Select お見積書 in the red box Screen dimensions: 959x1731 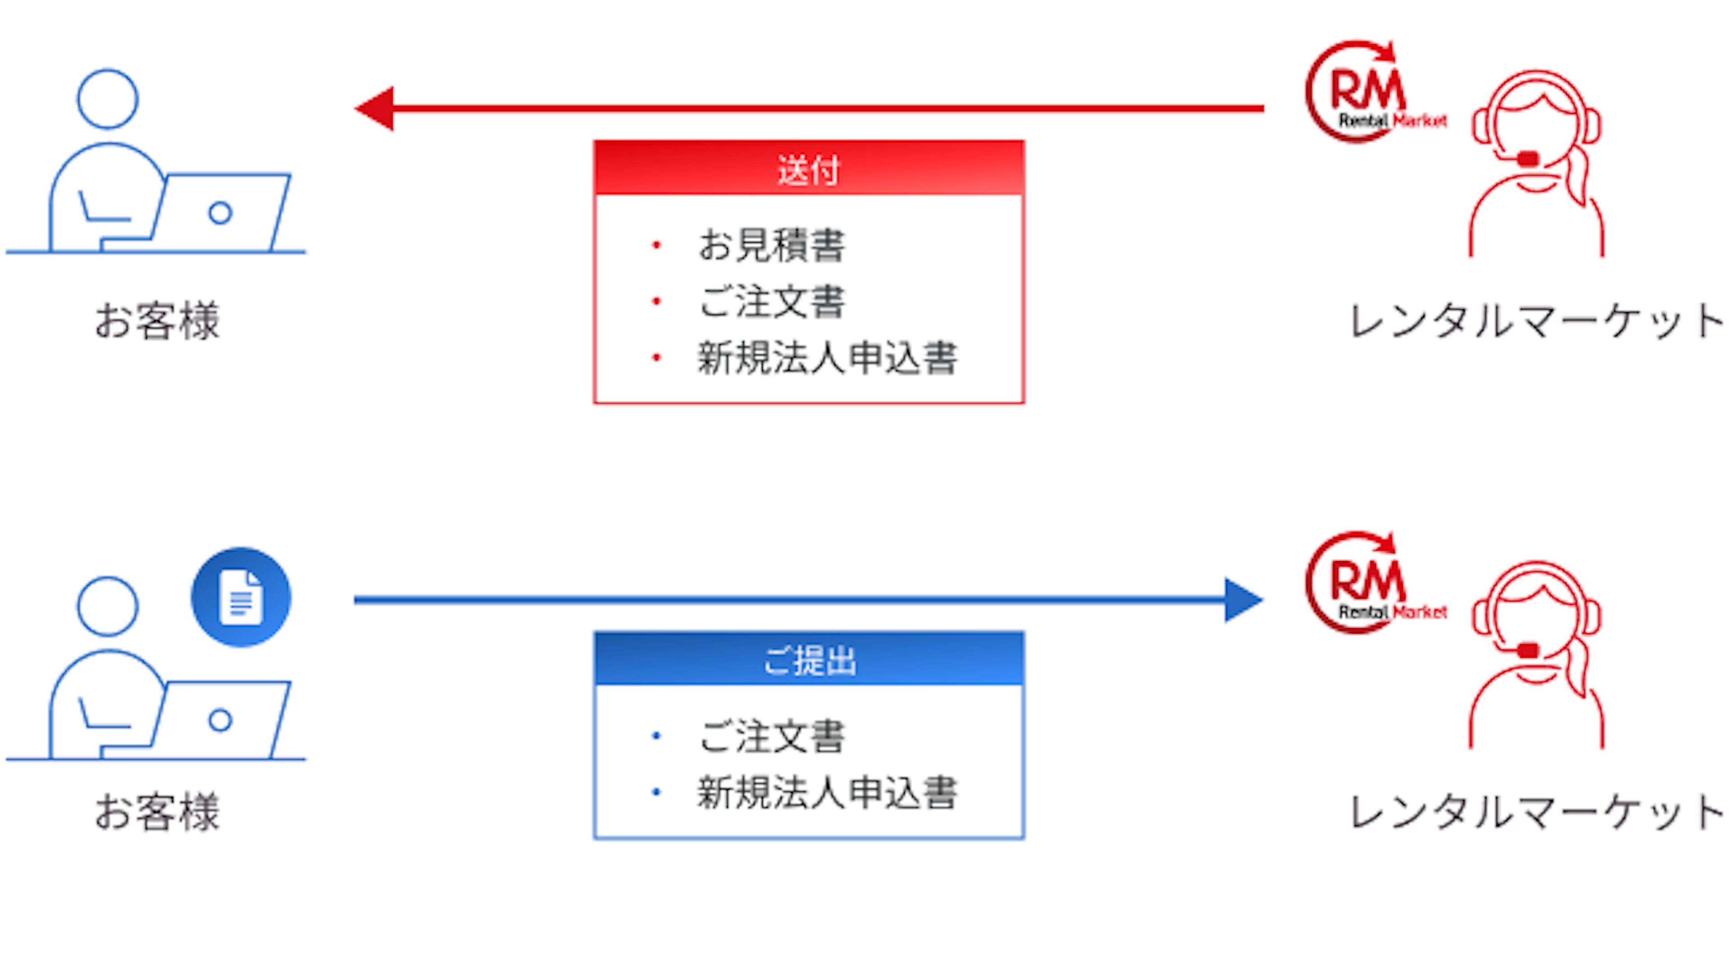pyautogui.click(x=771, y=245)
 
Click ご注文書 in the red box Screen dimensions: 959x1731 pyautogui.click(x=771, y=301)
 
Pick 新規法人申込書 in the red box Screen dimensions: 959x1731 pyautogui.click(x=827, y=358)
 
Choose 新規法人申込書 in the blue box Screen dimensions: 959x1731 pyautogui.click(x=827, y=792)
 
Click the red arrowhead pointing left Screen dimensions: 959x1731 pyautogui.click(x=375, y=108)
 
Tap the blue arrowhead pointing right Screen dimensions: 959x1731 pyautogui.click(x=1243, y=600)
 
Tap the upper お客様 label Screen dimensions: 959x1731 pyautogui.click(x=157, y=321)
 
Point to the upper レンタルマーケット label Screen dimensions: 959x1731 pyautogui.click(x=1535, y=321)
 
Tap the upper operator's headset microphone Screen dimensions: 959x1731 pyautogui.click(x=1527, y=159)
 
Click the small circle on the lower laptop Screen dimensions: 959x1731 pyautogui.click(x=220, y=721)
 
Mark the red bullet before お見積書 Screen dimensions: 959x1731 pyautogui.click(x=656, y=245)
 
